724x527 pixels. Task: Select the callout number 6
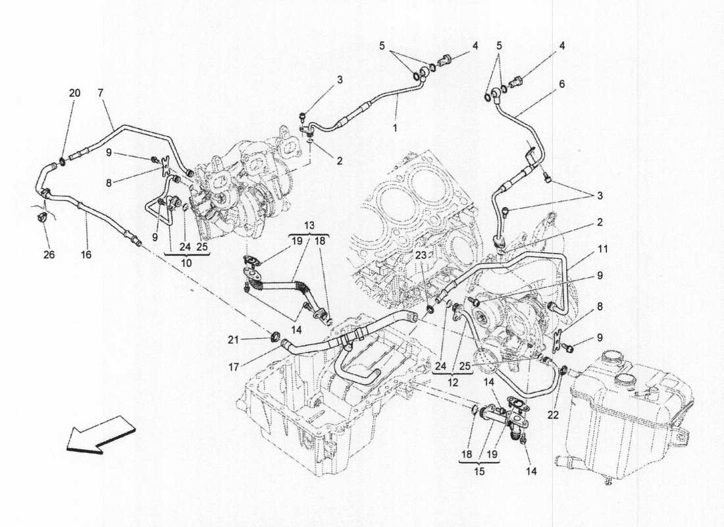(561, 85)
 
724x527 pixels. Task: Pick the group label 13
(309, 225)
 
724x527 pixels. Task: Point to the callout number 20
(74, 93)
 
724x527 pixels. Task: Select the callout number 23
(421, 254)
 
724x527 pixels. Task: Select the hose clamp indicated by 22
(564, 368)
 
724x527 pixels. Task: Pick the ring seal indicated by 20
(61, 160)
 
